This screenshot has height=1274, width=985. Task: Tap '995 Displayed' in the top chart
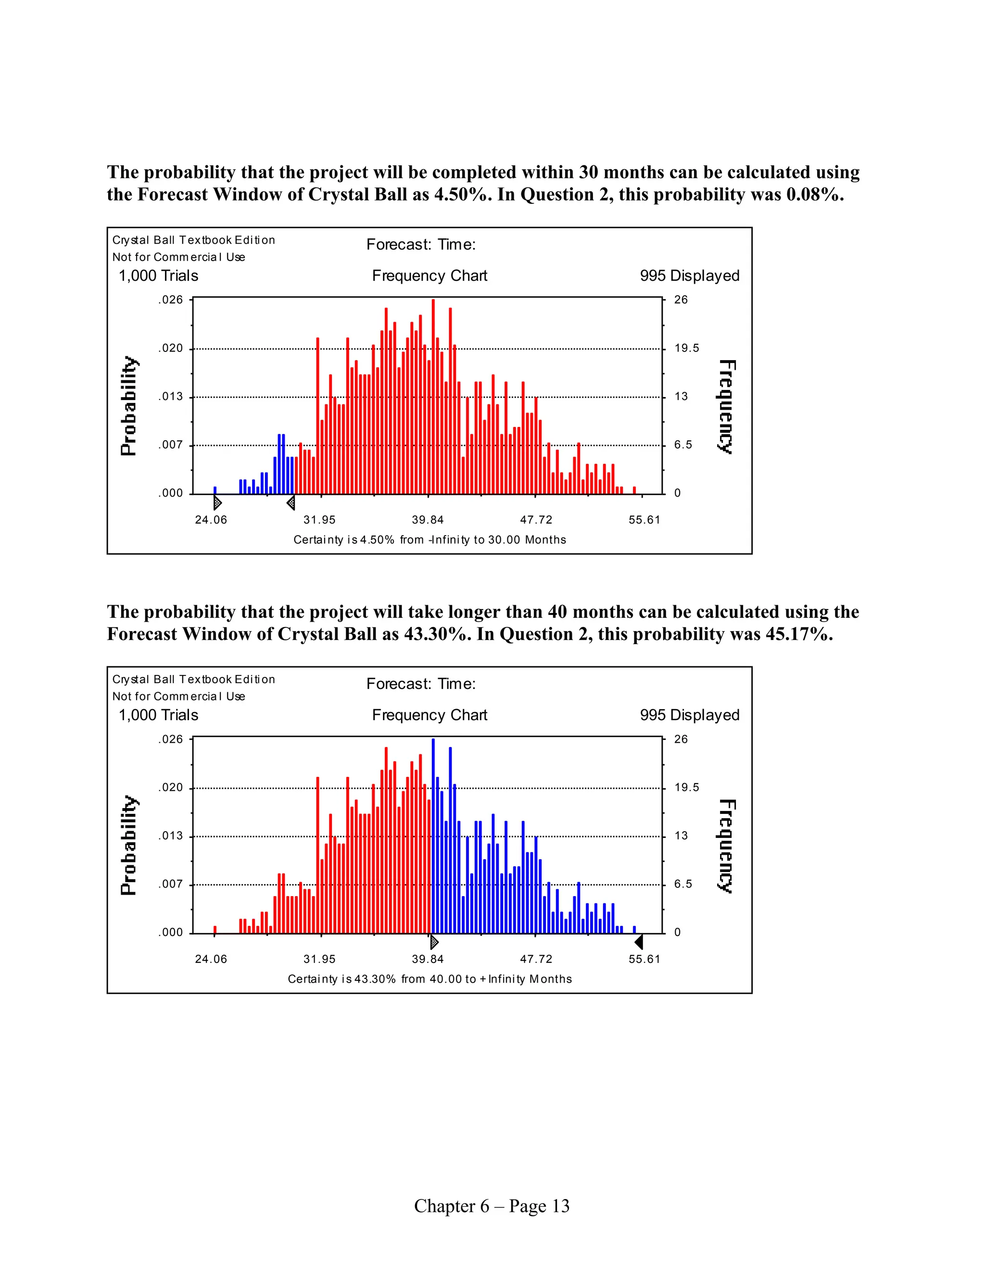(x=689, y=275)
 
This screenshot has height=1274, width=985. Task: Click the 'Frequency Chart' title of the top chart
(x=429, y=275)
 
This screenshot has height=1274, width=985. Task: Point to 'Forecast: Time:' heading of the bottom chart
(x=421, y=684)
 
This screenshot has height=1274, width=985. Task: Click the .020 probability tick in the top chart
(x=170, y=348)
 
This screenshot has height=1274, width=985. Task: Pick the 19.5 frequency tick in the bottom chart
(x=686, y=787)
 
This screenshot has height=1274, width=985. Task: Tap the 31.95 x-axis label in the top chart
(x=319, y=520)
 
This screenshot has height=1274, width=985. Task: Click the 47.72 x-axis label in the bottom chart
(x=536, y=959)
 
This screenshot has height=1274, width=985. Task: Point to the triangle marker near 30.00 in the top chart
(x=290, y=502)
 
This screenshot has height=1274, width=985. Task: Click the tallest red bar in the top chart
(x=433, y=397)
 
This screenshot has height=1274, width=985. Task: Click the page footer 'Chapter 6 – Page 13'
(x=492, y=1206)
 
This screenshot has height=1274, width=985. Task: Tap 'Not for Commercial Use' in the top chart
(x=178, y=257)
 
